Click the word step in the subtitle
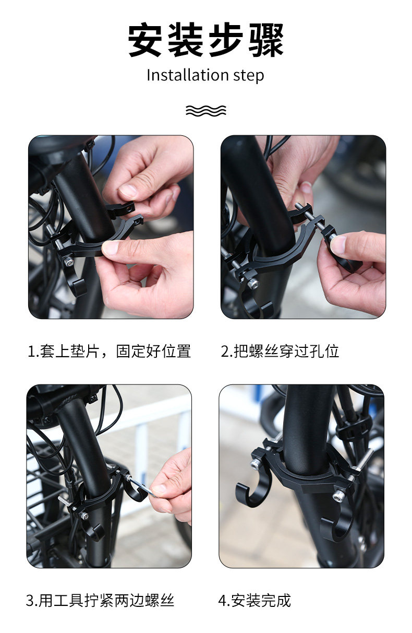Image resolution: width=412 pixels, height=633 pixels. pyautogui.click(x=249, y=76)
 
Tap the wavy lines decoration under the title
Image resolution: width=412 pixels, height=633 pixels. pyautogui.click(x=205, y=111)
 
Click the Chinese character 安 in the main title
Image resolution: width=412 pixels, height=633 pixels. pyautogui.click(x=145, y=40)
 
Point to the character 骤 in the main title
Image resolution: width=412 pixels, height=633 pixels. pyautogui.click(x=266, y=40)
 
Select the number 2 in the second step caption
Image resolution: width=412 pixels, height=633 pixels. pyautogui.click(x=225, y=351)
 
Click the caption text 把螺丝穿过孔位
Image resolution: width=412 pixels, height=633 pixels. pyautogui.click(x=286, y=351)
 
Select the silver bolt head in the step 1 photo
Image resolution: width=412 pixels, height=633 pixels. pyautogui.click(x=68, y=261)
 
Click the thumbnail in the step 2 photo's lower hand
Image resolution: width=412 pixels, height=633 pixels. pyautogui.click(x=338, y=245)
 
